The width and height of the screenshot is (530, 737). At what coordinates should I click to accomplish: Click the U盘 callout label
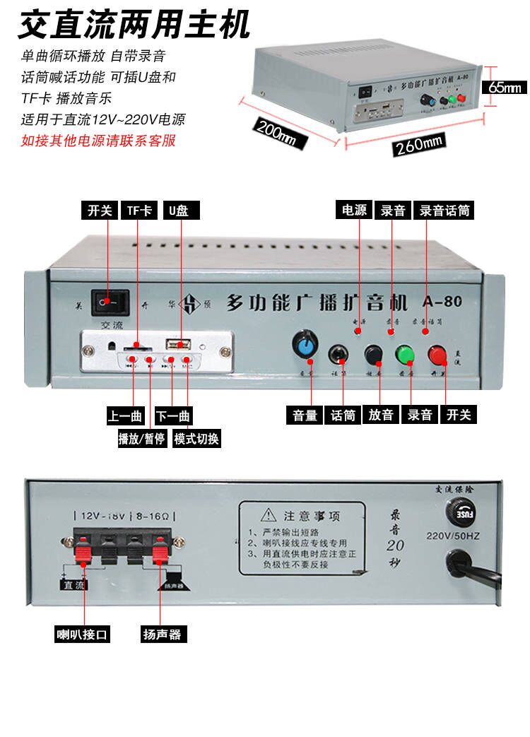coord(180,210)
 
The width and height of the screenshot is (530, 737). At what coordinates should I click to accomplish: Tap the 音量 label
coord(305,415)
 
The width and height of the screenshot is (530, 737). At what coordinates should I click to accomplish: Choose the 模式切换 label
coord(196,438)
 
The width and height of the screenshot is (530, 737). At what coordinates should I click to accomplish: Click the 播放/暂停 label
coord(141,438)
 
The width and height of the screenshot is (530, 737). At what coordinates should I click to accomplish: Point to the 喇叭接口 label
coord(83,634)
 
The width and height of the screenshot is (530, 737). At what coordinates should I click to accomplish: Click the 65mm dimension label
coord(505,88)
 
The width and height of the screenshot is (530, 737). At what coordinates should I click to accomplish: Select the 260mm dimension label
coord(419,144)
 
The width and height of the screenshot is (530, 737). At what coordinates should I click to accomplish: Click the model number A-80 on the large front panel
coord(442,302)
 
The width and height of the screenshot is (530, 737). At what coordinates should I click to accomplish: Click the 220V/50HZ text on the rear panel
coord(453,536)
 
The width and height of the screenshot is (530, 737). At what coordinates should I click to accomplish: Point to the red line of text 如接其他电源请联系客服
coord(98,140)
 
